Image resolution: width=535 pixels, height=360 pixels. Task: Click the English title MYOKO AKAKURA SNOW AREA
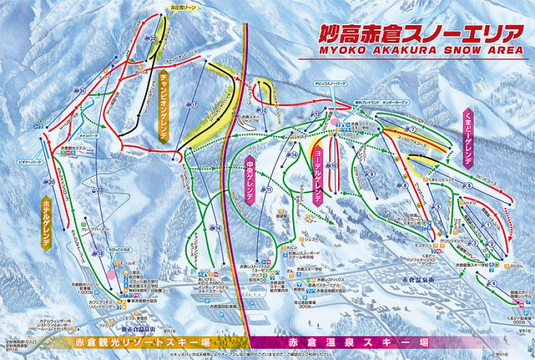coord(410,50)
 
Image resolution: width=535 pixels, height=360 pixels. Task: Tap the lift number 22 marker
coord(153,38)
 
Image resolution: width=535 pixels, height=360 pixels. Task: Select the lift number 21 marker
coord(82,91)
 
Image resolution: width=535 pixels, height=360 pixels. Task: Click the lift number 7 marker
coord(413,129)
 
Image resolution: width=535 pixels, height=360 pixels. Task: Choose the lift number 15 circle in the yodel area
coord(334,166)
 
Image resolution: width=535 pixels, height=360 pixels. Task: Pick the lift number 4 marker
coord(494,283)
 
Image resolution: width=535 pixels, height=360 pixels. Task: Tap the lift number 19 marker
coord(101,254)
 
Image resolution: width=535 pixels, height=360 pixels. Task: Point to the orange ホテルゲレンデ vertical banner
coord(46,220)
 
